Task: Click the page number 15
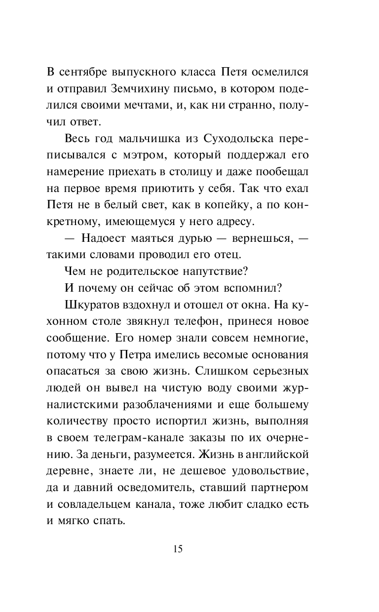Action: click(x=178, y=549)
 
